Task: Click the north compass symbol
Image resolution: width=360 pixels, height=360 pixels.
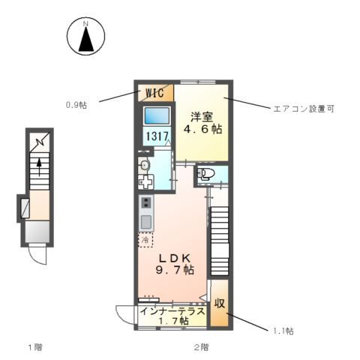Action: point(86,38)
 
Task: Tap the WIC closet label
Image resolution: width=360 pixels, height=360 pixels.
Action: point(154,93)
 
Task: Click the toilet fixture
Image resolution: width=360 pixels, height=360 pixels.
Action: point(206,175)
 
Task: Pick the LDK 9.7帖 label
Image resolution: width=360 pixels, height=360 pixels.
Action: point(175,262)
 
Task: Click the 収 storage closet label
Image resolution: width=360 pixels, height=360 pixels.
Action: point(220,304)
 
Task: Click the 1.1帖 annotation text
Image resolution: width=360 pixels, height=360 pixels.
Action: point(283,330)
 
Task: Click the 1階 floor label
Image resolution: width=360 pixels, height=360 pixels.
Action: point(35,347)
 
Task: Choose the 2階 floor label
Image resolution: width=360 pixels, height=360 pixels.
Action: point(201,347)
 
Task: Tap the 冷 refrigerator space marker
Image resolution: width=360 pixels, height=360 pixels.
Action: point(144,241)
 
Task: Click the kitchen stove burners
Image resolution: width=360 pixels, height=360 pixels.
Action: point(145,203)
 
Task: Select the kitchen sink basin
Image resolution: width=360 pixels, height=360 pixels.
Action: point(145,221)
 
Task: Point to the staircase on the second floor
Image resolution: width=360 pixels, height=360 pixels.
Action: point(220,232)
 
